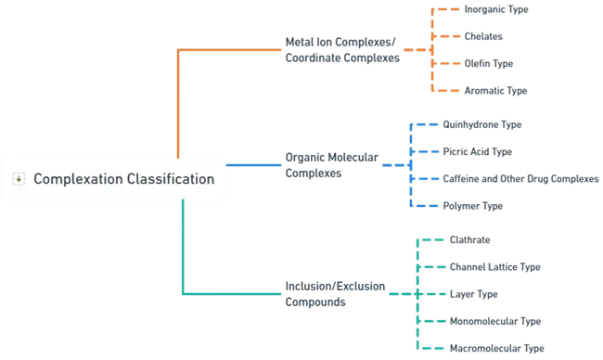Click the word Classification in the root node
(168, 179)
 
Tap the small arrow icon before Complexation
(18, 179)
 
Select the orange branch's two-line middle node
(341, 51)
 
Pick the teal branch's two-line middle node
(332, 294)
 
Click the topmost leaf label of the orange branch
(496, 9)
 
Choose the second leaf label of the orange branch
(482, 37)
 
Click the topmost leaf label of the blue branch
(482, 124)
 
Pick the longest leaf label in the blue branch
(520, 178)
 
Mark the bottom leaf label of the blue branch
(471, 205)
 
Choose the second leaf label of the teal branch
(493, 267)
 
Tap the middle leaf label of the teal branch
(475, 295)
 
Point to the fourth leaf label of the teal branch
(493, 322)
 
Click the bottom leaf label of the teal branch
(493, 349)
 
